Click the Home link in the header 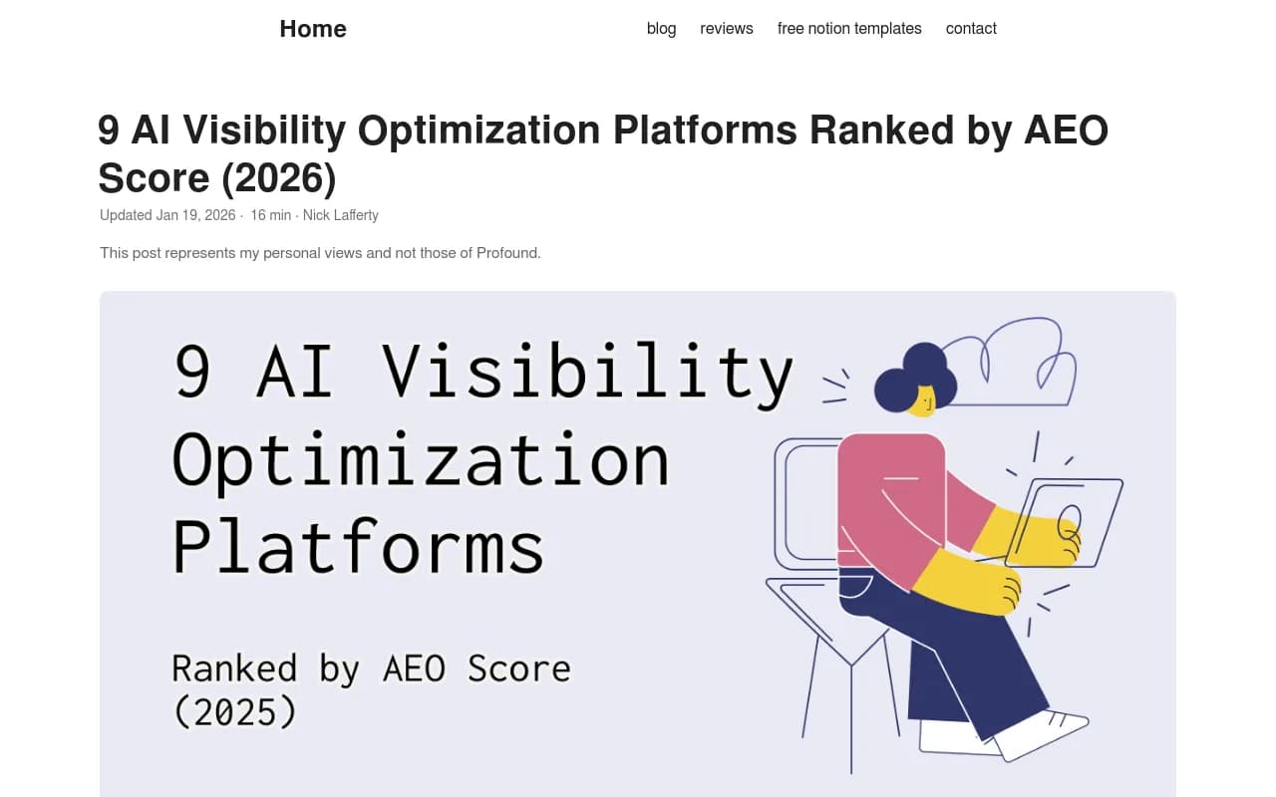coord(313,29)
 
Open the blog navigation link coord(661,29)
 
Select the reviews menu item coord(727,29)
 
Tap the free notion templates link coord(849,29)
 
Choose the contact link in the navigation coord(971,29)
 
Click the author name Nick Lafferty coord(341,215)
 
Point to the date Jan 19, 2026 coord(195,215)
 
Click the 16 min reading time coord(270,215)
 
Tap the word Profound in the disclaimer coord(508,253)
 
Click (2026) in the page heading coord(279,178)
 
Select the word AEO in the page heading coord(1066,131)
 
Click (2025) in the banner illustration coord(234,711)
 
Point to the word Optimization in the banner coord(420,460)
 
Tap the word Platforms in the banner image coord(358,546)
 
